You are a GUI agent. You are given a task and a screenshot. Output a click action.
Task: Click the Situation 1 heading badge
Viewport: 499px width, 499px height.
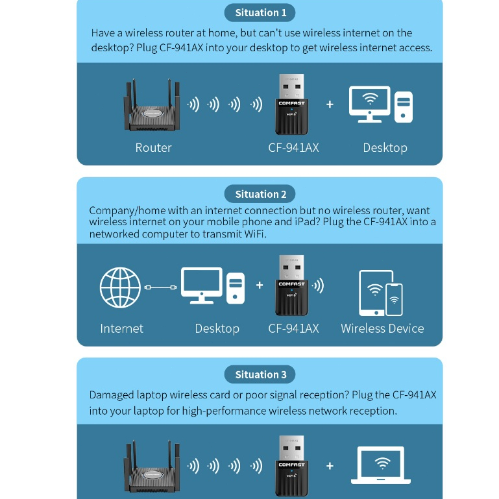pos(260,13)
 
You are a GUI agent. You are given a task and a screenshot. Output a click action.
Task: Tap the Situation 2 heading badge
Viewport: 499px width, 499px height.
pos(260,194)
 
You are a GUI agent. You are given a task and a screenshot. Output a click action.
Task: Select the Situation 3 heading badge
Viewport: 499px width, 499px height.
pos(260,374)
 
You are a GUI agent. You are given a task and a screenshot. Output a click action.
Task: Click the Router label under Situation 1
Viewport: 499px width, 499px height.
pos(153,148)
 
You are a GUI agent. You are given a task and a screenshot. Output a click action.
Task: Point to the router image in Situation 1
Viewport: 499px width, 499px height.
pos(152,105)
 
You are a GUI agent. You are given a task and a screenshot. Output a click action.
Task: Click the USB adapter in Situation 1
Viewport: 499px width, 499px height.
pos(291,104)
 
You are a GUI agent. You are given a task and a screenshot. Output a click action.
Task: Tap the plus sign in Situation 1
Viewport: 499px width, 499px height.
pos(330,104)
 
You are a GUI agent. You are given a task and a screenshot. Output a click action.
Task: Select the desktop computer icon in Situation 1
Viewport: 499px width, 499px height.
pos(381,104)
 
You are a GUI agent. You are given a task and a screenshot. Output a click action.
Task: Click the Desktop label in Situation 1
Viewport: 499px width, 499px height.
pos(385,148)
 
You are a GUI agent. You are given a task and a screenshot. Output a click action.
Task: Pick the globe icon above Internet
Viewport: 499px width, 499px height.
pos(120,287)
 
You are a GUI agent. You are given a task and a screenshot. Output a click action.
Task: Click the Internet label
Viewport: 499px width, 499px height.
pos(121,328)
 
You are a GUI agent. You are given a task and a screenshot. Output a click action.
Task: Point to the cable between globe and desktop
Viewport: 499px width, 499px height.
pos(160,287)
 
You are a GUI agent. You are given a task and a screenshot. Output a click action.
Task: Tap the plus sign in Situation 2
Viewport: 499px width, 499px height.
pos(260,285)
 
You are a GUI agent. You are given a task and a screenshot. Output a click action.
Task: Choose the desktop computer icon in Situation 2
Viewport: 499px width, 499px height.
pos(213,286)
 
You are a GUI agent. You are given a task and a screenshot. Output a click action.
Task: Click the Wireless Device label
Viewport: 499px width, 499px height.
pos(382,328)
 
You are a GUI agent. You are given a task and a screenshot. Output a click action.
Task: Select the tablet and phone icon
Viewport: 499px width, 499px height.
pos(381,293)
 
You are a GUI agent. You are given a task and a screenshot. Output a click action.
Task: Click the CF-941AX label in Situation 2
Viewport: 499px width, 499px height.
pos(293,328)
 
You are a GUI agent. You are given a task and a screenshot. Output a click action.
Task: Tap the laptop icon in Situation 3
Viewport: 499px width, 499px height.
pos(381,465)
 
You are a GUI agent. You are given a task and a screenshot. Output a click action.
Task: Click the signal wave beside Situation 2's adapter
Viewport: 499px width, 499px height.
pos(318,286)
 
